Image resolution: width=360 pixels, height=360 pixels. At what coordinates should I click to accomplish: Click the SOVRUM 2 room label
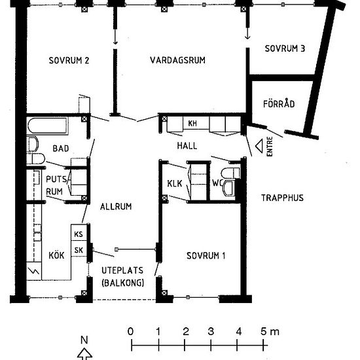click(69, 60)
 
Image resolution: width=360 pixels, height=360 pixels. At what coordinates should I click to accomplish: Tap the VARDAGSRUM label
click(177, 60)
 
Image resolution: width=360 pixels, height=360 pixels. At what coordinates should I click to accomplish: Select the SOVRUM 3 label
click(285, 48)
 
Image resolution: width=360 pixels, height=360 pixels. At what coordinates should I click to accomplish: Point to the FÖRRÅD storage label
click(279, 103)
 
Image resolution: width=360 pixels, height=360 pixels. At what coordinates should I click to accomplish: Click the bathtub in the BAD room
click(48, 126)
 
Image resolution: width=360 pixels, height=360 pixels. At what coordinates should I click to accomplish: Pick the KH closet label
click(192, 123)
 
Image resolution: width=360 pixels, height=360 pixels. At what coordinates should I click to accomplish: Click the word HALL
click(187, 146)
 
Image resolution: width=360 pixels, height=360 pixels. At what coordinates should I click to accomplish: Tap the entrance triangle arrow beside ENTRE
click(259, 145)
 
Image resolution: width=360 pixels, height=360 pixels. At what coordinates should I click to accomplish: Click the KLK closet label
click(175, 183)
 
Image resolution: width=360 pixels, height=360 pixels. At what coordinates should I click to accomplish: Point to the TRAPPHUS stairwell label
click(282, 198)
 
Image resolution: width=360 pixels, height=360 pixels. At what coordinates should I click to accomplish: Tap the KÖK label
click(56, 255)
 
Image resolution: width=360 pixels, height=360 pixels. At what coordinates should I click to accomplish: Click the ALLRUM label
click(116, 207)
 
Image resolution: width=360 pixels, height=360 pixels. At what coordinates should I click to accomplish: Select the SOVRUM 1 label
click(206, 255)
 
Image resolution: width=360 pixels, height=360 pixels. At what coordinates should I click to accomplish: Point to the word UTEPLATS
click(122, 270)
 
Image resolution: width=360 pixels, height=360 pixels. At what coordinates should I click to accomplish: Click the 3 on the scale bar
click(211, 331)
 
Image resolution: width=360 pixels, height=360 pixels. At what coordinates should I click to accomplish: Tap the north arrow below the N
click(84, 353)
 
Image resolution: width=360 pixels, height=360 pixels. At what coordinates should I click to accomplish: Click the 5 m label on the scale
click(270, 331)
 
